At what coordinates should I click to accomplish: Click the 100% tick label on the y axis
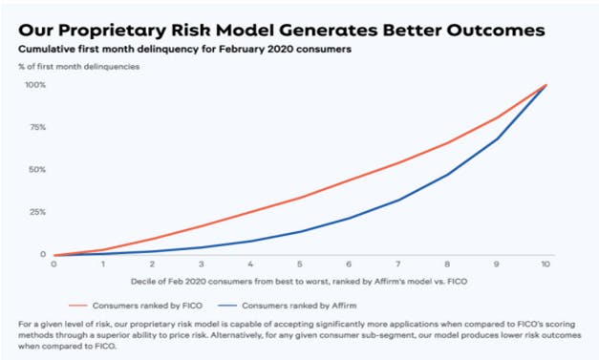click(35, 85)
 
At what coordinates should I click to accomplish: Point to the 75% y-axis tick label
click(37, 127)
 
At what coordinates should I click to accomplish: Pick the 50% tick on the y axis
click(37, 170)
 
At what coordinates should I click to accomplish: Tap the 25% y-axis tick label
click(37, 212)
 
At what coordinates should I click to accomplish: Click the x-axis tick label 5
click(300, 265)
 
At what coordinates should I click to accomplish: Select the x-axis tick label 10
click(546, 265)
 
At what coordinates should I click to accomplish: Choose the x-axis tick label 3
click(202, 265)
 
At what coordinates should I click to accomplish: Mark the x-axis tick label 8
click(447, 265)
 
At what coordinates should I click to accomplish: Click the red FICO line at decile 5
click(300, 198)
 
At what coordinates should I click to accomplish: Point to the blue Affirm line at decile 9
click(496, 139)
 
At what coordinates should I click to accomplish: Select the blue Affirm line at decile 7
click(398, 200)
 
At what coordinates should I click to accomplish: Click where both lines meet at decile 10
click(546, 85)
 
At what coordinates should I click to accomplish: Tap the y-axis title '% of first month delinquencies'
click(79, 67)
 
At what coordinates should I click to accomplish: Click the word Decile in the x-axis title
click(142, 282)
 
